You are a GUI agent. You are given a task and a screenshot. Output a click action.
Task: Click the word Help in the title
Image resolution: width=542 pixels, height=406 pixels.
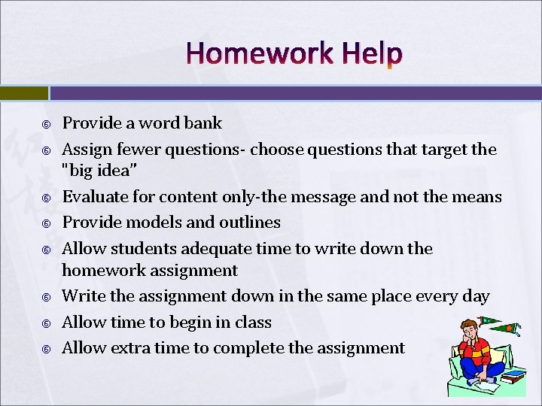point(371,54)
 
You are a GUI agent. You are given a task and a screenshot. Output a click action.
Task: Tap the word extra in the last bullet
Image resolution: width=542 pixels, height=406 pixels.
point(132,347)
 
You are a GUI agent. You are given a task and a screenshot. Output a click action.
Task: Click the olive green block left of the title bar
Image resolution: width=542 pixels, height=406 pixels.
point(23,93)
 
